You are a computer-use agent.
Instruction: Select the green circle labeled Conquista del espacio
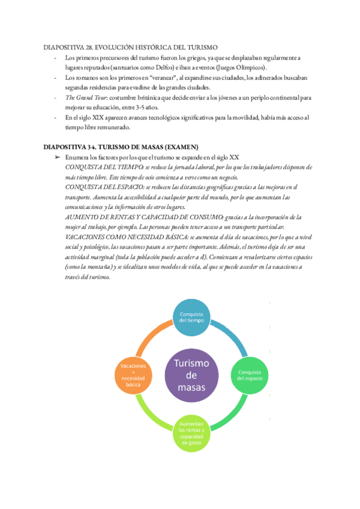[248, 375]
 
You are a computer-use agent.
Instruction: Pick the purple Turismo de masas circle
[191, 375]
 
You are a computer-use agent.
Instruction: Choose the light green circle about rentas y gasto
[191, 433]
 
